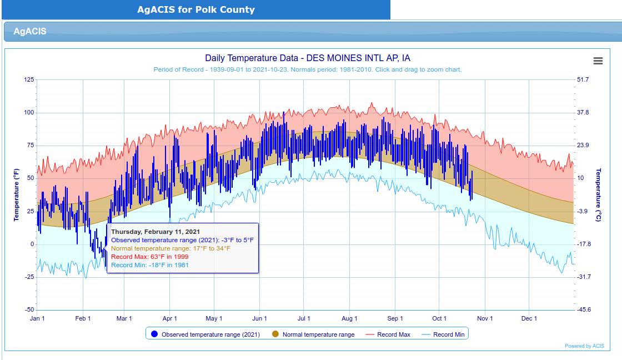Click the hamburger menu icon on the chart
click(598, 61)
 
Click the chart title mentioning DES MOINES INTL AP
click(308, 58)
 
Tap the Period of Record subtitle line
click(308, 69)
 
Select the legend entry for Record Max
click(388, 334)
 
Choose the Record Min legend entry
click(443, 334)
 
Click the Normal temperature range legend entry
click(313, 334)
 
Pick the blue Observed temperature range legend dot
click(155, 334)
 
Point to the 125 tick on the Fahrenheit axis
click(29, 79)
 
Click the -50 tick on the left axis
click(30, 309)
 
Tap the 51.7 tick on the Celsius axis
click(583, 79)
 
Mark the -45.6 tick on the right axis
click(584, 309)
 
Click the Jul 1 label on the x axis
click(303, 318)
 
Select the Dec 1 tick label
click(529, 318)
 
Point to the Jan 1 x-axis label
click(37, 318)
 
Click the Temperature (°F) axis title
click(16, 194)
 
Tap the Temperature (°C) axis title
click(598, 194)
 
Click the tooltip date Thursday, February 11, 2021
click(155, 232)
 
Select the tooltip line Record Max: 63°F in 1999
click(149, 257)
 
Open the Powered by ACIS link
click(584, 346)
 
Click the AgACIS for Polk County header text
click(196, 9)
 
